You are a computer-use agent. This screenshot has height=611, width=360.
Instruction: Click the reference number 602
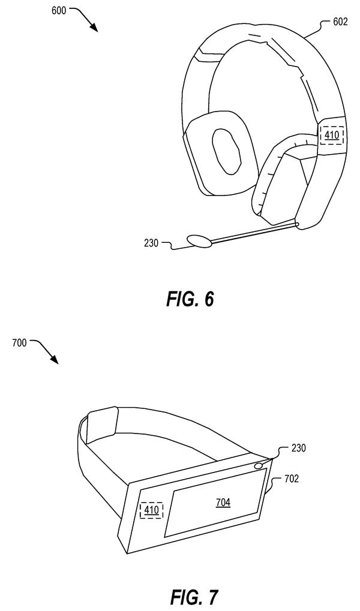point(340,22)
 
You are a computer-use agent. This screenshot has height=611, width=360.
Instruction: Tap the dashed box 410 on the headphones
point(332,136)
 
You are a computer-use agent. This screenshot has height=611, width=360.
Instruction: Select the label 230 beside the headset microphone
point(151,243)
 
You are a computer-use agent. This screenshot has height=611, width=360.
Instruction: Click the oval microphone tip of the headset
point(200,241)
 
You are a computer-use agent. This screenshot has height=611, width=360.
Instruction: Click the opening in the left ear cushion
point(226,151)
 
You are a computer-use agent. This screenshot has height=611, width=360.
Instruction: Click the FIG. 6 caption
point(190,299)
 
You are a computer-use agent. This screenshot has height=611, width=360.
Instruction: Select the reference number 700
point(19,343)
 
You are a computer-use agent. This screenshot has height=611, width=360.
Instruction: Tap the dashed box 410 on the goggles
point(151,510)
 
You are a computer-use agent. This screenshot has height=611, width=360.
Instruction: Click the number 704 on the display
point(223,502)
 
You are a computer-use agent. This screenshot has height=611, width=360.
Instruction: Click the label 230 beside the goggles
point(298,448)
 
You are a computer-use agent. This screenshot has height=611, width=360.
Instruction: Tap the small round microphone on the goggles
point(258,465)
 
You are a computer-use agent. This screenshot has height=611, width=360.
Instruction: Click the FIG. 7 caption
point(194,597)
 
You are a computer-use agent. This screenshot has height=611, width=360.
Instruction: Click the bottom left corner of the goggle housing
point(128,553)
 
